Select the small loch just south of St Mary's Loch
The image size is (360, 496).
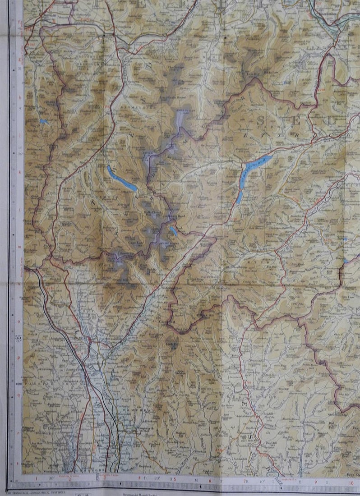(239, 197)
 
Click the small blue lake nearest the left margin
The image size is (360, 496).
(43, 121)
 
